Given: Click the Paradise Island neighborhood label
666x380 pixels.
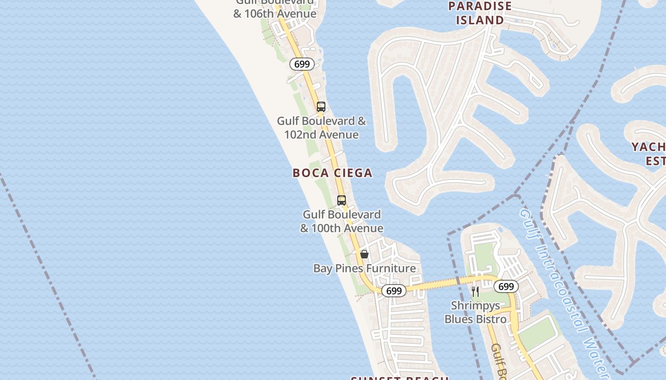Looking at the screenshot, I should pyautogui.click(x=480, y=13).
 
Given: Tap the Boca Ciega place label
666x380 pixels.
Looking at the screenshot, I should pyautogui.click(x=332, y=173).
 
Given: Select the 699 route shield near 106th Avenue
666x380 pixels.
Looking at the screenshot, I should pyautogui.click(x=302, y=64).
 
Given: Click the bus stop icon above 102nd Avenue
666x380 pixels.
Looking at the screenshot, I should pyautogui.click(x=321, y=106).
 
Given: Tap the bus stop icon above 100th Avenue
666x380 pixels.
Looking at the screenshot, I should pyautogui.click(x=342, y=200).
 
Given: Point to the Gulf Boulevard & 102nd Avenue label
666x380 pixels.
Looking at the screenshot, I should pyautogui.click(x=322, y=128).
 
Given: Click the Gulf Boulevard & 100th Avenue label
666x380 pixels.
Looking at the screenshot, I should pyautogui.click(x=342, y=221).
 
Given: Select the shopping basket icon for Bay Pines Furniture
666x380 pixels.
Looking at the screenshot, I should pyautogui.click(x=364, y=254).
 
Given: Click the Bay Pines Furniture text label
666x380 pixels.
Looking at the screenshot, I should pyautogui.click(x=364, y=268).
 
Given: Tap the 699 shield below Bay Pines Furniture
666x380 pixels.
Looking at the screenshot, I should pyautogui.click(x=394, y=291).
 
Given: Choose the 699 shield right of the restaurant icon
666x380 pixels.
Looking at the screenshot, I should pyautogui.click(x=506, y=286).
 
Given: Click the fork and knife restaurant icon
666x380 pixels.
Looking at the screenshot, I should pyautogui.click(x=475, y=291).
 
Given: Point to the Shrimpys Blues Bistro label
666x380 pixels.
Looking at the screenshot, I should pyautogui.click(x=475, y=313).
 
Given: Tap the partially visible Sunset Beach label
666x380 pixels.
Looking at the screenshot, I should pyautogui.click(x=400, y=378).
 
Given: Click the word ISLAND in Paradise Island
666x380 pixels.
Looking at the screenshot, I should pyautogui.click(x=480, y=20).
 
